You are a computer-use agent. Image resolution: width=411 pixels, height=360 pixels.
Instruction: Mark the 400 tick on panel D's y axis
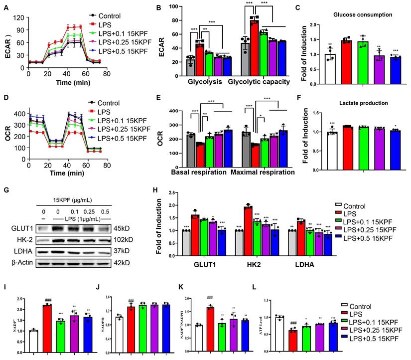19,114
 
